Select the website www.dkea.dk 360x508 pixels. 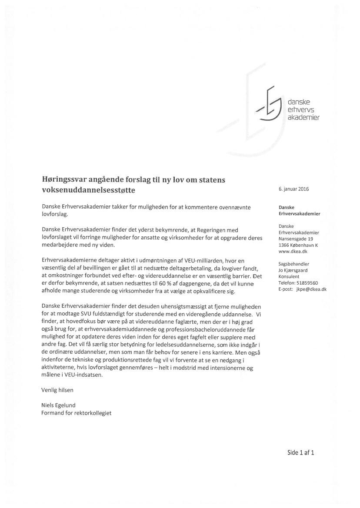tap(291, 251)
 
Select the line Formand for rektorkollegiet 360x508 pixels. tap(76, 413)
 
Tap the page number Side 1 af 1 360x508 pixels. tap(300, 452)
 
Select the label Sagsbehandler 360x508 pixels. tap(293, 264)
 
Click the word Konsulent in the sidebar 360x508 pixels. tap(289, 276)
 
